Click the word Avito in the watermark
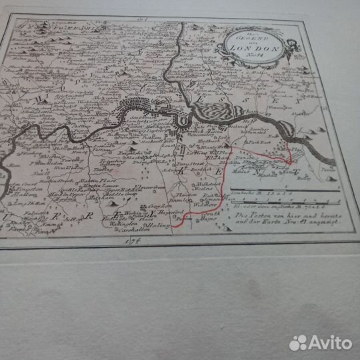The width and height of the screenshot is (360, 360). point(329,342)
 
